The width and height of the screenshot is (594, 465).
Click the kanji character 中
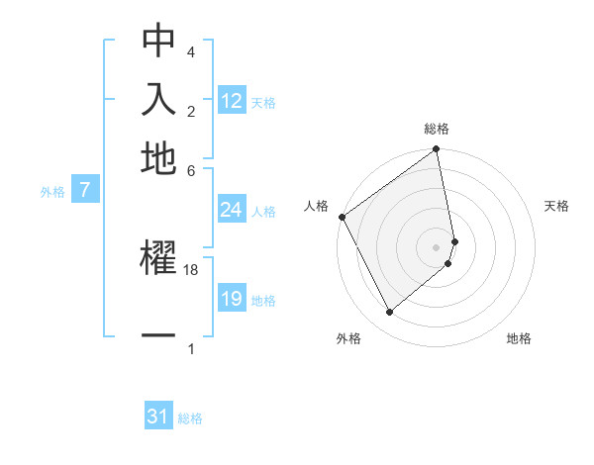[158, 43]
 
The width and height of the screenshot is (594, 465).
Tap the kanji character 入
[158, 100]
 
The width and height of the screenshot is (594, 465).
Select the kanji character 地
[158, 157]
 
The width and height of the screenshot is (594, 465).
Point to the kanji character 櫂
[158, 258]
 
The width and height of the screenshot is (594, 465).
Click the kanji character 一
[158, 336]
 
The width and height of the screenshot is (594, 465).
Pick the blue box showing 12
[232, 100]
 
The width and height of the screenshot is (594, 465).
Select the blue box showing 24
[232, 209]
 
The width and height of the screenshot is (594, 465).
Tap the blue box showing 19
[232, 299]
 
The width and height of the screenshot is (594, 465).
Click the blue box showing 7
[85, 191]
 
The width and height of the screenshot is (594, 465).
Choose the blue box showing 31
[158, 417]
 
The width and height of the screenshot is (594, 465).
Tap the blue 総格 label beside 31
[190, 418]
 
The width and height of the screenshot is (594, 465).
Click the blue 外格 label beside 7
[51, 192]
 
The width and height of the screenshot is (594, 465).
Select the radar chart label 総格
[437, 129]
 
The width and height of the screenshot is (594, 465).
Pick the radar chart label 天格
[556, 206]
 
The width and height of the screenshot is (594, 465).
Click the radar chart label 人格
[317, 206]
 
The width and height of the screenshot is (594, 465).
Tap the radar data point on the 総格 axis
[437, 150]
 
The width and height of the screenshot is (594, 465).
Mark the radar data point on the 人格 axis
[342, 217]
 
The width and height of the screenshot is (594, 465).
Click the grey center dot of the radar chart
[437, 246]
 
